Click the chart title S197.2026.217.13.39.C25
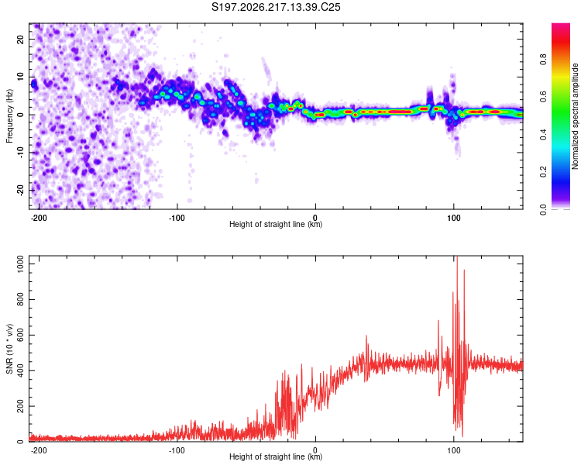pyautogui.click(x=276, y=7)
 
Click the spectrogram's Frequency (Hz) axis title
pyautogui.click(x=9, y=116)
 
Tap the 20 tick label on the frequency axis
pyautogui.click(x=21, y=40)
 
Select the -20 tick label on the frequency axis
pyautogui.click(x=21, y=190)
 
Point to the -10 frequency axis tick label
pyautogui.click(x=21, y=153)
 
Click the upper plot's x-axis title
pyautogui.click(x=276, y=224)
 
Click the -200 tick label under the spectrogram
pyautogui.click(x=38, y=218)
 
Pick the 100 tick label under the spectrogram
pyautogui.click(x=453, y=218)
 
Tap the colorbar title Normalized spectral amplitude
pyautogui.click(x=575, y=116)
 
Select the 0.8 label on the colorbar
pyautogui.click(x=544, y=59)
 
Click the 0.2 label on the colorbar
pyautogui.click(x=544, y=172)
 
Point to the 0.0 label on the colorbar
pyautogui.click(x=544, y=209)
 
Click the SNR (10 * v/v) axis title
pyautogui.click(x=9, y=349)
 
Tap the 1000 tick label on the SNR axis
pyautogui.click(x=21, y=263)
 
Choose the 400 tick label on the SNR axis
pyautogui.click(x=21, y=370)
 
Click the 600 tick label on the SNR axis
pyautogui.click(x=21, y=335)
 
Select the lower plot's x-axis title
pyautogui.click(x=276, y=456)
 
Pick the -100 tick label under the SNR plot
pyautogui.click(x=177, y=450)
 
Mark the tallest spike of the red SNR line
pyautogui.click(x=457, y=257)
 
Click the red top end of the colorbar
pyautogui.click(x=561, y=25)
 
